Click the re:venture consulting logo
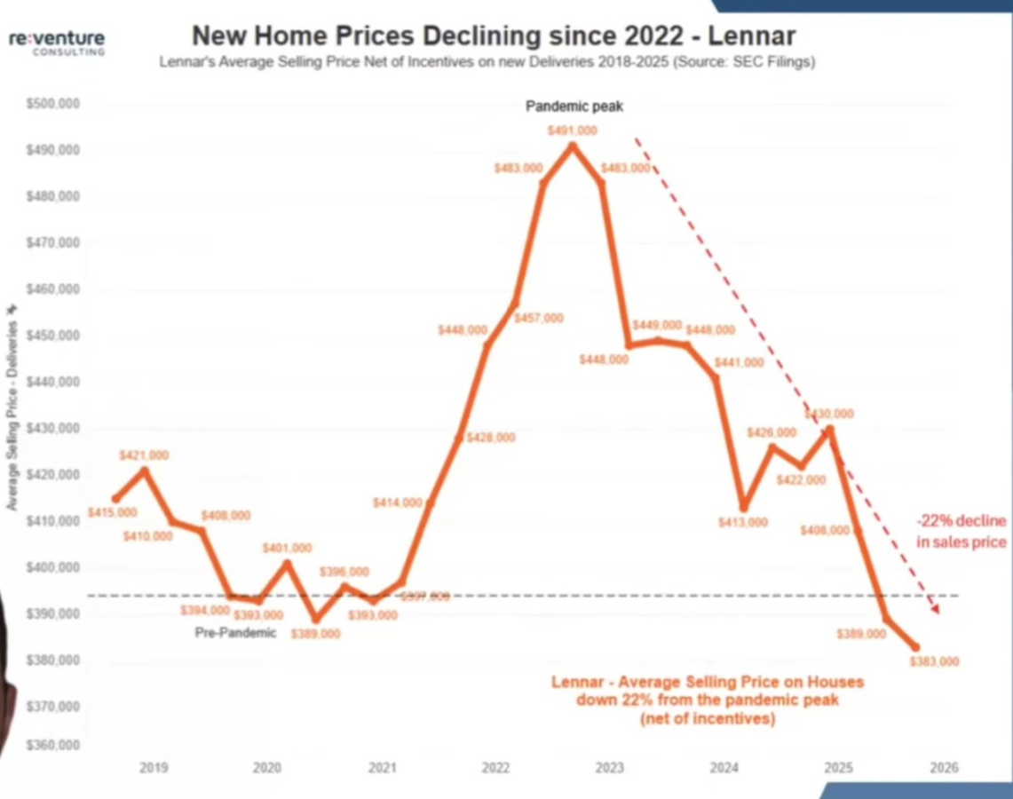tap(57, 42)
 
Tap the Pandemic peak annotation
tap(574, 107)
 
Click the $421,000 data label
tap(144, 455)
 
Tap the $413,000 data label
tap(742, 522)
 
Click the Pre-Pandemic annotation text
tap(235, 633)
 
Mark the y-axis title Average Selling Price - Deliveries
tap(12, 407)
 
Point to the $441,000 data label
tap(739, 363)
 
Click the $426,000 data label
tap(772, 432)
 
